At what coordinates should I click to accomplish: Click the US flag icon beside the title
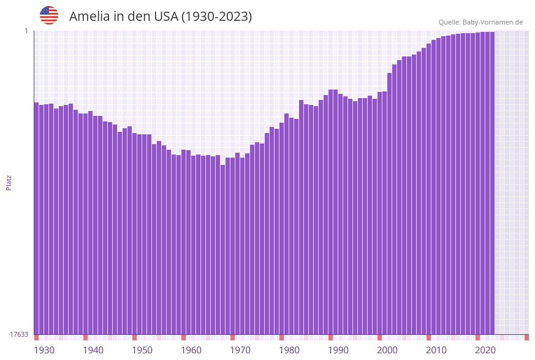[49, 15]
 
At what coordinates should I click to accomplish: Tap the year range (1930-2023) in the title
[216, 17]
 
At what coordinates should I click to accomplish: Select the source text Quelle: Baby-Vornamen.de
[480, 22]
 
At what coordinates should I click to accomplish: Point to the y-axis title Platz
[9, 182]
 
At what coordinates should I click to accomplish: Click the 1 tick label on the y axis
[26, 31]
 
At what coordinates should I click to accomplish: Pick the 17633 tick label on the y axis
[19, 334]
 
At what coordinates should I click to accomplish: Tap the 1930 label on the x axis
[44, 350]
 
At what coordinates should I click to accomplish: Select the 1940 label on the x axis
[93, 350]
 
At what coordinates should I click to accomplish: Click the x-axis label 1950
[142, 350]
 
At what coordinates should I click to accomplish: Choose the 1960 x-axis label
[191, 350]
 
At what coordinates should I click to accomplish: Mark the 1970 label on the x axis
[240, 350]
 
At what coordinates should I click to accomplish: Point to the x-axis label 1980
[289, 350]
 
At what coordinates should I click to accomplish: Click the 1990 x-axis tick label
[338, 350]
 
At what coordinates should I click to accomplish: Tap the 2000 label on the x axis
[387, 350]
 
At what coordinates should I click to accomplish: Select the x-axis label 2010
[436, 350]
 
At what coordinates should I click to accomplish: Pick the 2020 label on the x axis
[485, 350]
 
